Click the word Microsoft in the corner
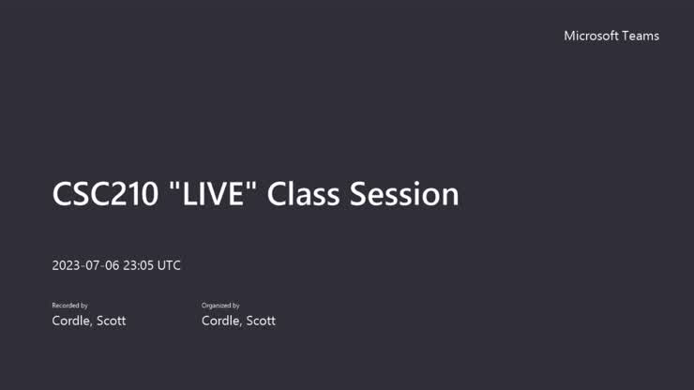[591, 36]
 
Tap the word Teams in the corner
[641, 36]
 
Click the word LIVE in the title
[214, 194]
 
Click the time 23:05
[138, 265]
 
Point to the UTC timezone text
[169, 265]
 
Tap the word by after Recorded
[84, 306]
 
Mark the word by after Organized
[236, 306]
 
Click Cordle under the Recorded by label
[71, 321]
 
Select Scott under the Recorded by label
[111, 321]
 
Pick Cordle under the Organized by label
[221, 321]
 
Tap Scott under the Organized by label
[261, 321]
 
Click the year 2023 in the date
[66, 265]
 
